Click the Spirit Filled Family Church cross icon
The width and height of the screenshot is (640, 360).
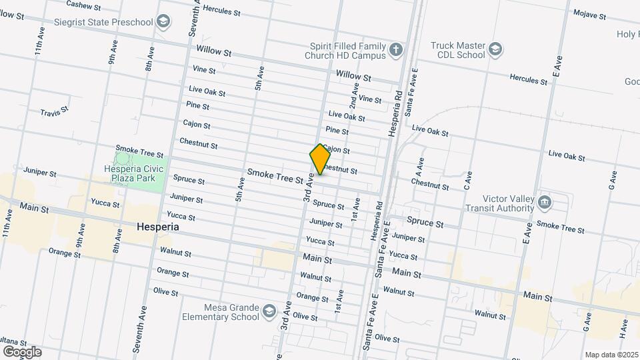click(396, 50)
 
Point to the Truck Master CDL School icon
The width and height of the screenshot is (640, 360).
click(495, 49)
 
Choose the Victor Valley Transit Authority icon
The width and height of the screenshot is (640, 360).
click(544, 201)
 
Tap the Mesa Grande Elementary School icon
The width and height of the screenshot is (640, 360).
click(269, 311)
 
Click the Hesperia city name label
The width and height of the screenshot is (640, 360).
click(157, 227)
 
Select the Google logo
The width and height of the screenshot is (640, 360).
click(21, 351)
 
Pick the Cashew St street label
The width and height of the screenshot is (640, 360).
click(84, 5)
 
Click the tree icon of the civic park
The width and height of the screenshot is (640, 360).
click(123, 159)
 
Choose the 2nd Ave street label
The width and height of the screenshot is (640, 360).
click(353, 99)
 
